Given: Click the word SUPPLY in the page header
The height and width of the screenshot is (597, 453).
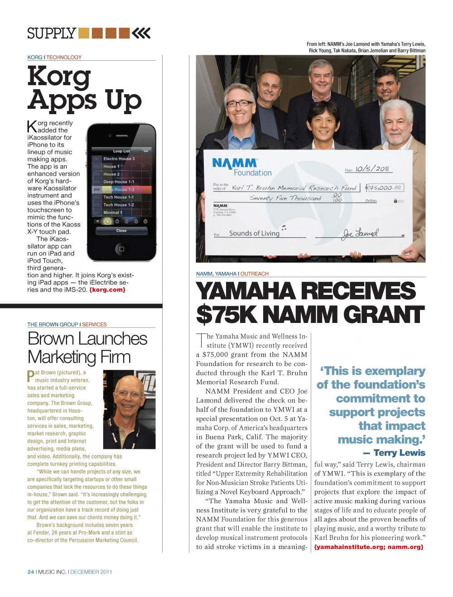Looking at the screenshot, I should [51, 34].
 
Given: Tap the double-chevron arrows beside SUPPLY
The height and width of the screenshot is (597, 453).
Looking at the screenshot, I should [141, 33].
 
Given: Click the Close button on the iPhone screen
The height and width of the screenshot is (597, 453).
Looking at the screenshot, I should [121, 231].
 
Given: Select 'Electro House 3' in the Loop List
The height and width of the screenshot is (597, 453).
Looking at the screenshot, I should [119, 159].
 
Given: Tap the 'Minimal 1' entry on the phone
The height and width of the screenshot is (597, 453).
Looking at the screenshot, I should [113, 212].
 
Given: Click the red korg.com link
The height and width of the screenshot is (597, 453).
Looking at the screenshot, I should [107, 290].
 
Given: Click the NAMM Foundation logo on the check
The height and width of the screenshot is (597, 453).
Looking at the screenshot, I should [241, 167].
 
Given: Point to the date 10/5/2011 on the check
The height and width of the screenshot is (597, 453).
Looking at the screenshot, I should [372, 169].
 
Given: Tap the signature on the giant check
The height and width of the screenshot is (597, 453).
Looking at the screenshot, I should [360, 233].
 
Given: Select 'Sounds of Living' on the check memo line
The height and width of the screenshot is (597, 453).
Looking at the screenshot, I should [254, 233].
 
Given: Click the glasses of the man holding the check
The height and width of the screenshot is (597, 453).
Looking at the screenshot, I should [240, 104].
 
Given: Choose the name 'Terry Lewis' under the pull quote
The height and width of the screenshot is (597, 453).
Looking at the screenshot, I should [399, 453].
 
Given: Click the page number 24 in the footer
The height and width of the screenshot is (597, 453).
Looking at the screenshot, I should [30, 572].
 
